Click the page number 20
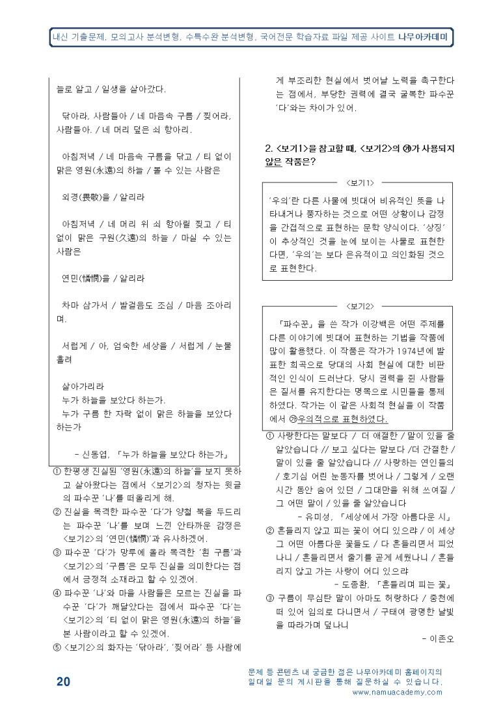coord(63,682)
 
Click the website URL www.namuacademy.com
coord(397,692)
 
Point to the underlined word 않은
coord(273,162)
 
